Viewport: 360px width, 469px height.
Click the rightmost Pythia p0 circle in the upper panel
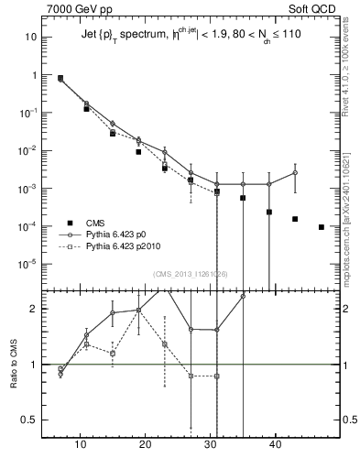(x=295, y=172)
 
